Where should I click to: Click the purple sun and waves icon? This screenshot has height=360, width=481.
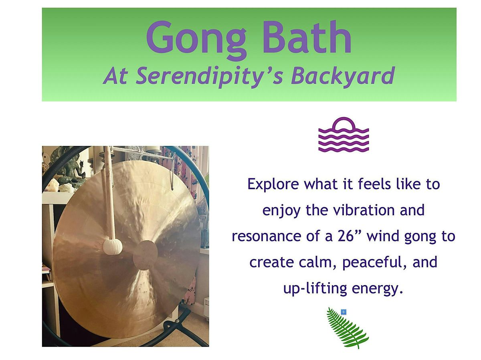(x=344, y=135)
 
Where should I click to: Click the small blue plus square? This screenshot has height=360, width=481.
(x=344, y=311)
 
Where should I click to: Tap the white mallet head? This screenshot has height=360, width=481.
(x=113, y=247)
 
